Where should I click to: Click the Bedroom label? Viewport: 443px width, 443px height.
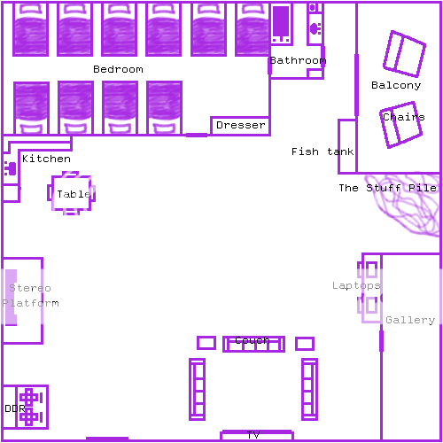click(x=118, y=69)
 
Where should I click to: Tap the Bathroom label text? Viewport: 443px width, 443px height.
click(x=298, y=60)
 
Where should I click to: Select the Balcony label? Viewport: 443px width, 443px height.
click(x=396, y=85)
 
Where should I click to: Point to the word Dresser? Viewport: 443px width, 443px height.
click(x=241, y=125)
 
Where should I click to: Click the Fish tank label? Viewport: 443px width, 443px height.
click(x=323, y=152)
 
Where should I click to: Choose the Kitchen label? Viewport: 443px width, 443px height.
click(x=46, y=159)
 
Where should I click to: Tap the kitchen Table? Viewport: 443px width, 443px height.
click(x=71, y=193)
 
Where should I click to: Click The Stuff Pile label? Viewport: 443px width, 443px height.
click(x=387, y=188)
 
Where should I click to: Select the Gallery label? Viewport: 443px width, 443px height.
click(x=410, y=320)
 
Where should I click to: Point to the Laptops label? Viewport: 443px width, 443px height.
click(x=356, y=285)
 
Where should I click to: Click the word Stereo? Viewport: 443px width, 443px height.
click(x=30, y=288)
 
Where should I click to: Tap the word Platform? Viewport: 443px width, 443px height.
click(x=30, y=303)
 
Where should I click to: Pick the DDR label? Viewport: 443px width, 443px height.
click(x=15, y=408)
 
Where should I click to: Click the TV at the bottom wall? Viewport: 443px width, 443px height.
click(x=257, y=435)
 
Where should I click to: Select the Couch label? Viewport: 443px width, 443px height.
click(x=253, y=340)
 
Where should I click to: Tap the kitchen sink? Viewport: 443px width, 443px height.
click(x=11, y=168)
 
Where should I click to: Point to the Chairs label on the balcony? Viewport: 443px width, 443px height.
click(x=404, y=117)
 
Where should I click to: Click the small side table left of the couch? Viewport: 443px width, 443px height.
click(x=206, y=343)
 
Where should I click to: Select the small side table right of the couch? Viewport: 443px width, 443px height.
click(x=305, y=344)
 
